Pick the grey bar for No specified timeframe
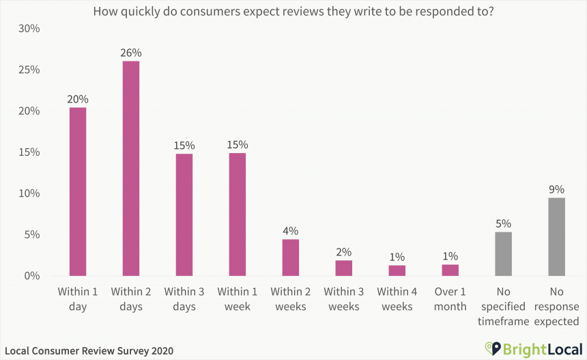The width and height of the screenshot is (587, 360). click(x=503, y=253)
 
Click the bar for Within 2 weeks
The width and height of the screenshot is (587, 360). click(x=291, y=258)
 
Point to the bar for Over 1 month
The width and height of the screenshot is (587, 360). click(x=450, y=270)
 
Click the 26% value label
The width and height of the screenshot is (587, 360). click(x=131, y=53)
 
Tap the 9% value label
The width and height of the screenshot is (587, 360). click(x=557, y=189)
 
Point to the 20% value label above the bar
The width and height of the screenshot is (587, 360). click(x=78, y=99)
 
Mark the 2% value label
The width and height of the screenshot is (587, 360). click(x=344, y=251)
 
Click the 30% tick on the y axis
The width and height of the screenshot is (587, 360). click(x=29, y=29)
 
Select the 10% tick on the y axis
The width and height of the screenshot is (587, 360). click(x=29, y=193)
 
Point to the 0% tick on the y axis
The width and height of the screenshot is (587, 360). click(x=32, y=276)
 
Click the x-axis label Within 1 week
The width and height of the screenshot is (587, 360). click(x=238, y=299)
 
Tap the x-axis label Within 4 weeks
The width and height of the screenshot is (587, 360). click(x=397, y=299)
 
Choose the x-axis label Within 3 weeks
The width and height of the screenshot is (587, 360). click(x=344, y=299)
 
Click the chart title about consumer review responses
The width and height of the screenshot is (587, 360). click(x=293, y=12)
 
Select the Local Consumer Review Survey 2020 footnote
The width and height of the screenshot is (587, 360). click(x=89, y=350)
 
